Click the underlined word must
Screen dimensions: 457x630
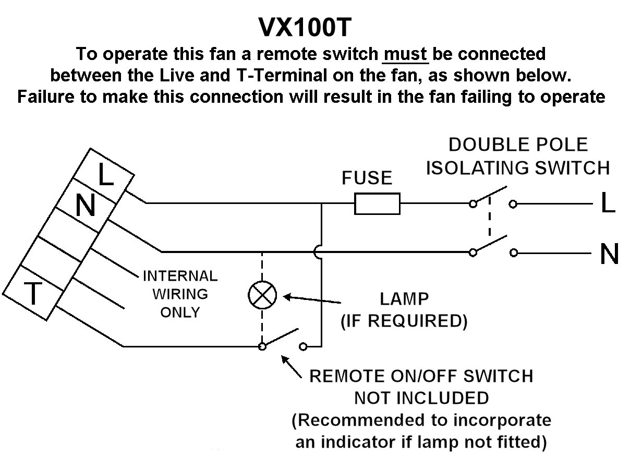pyautogui.click(x=406, y=54)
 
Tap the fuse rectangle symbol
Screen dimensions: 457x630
pyautogui.click(x=377, y=203)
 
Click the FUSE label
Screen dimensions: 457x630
pyautogui.click(x=367, y=178)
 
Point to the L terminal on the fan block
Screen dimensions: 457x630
pyautogui.click(x=106, y=175)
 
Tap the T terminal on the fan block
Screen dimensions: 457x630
pyautogui.click(x=33, y=294)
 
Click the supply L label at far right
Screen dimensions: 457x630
pyautogui.click(x=608, y=204)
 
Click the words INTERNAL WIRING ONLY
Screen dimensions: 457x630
pyautogui.click(x=180, y=294)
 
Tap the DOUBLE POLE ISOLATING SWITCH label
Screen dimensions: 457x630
pyautogui.click(x=518, y=156)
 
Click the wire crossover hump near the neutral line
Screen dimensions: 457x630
pyautogui.click(x=318, y=252)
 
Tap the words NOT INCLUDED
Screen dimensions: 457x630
pyautogui.click(x=421, y=398)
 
